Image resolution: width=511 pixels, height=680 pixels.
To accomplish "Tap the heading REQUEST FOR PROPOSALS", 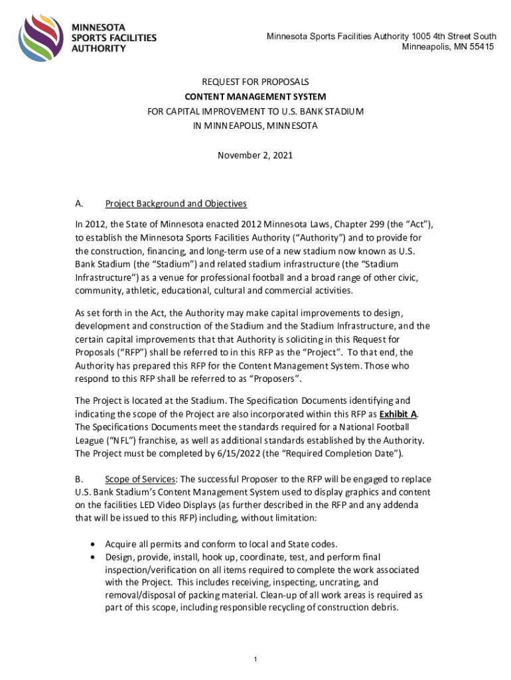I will pyautogui.click(x=256, y=82).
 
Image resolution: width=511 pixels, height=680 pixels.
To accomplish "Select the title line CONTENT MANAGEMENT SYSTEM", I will pyautogui.click(x=256, y=97).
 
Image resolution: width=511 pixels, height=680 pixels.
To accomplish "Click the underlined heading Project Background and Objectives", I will pyautogui.click(x=176, y=203).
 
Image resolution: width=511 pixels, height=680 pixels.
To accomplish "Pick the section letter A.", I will pyautogui.click(x=79, y=203).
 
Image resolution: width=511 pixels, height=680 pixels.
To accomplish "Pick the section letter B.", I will pyautogui.click(x=79, y=479).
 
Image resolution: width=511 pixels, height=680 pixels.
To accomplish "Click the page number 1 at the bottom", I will pyautogui.click(x=256, y=659).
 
